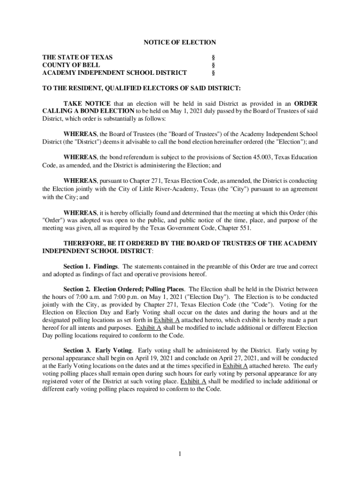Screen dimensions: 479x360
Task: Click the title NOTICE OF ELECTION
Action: click(180, 42)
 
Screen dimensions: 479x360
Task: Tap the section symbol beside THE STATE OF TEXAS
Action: click(213, 57)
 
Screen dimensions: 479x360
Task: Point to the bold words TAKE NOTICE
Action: click(87, 103)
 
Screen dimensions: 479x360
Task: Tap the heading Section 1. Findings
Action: click(91, 267)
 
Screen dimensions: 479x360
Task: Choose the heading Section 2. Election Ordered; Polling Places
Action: click(124, 289)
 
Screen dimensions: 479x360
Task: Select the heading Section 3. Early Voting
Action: click(98, 350)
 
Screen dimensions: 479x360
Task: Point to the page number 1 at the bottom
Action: click(180, 453)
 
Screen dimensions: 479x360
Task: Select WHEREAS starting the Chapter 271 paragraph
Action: click(80, 181)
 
